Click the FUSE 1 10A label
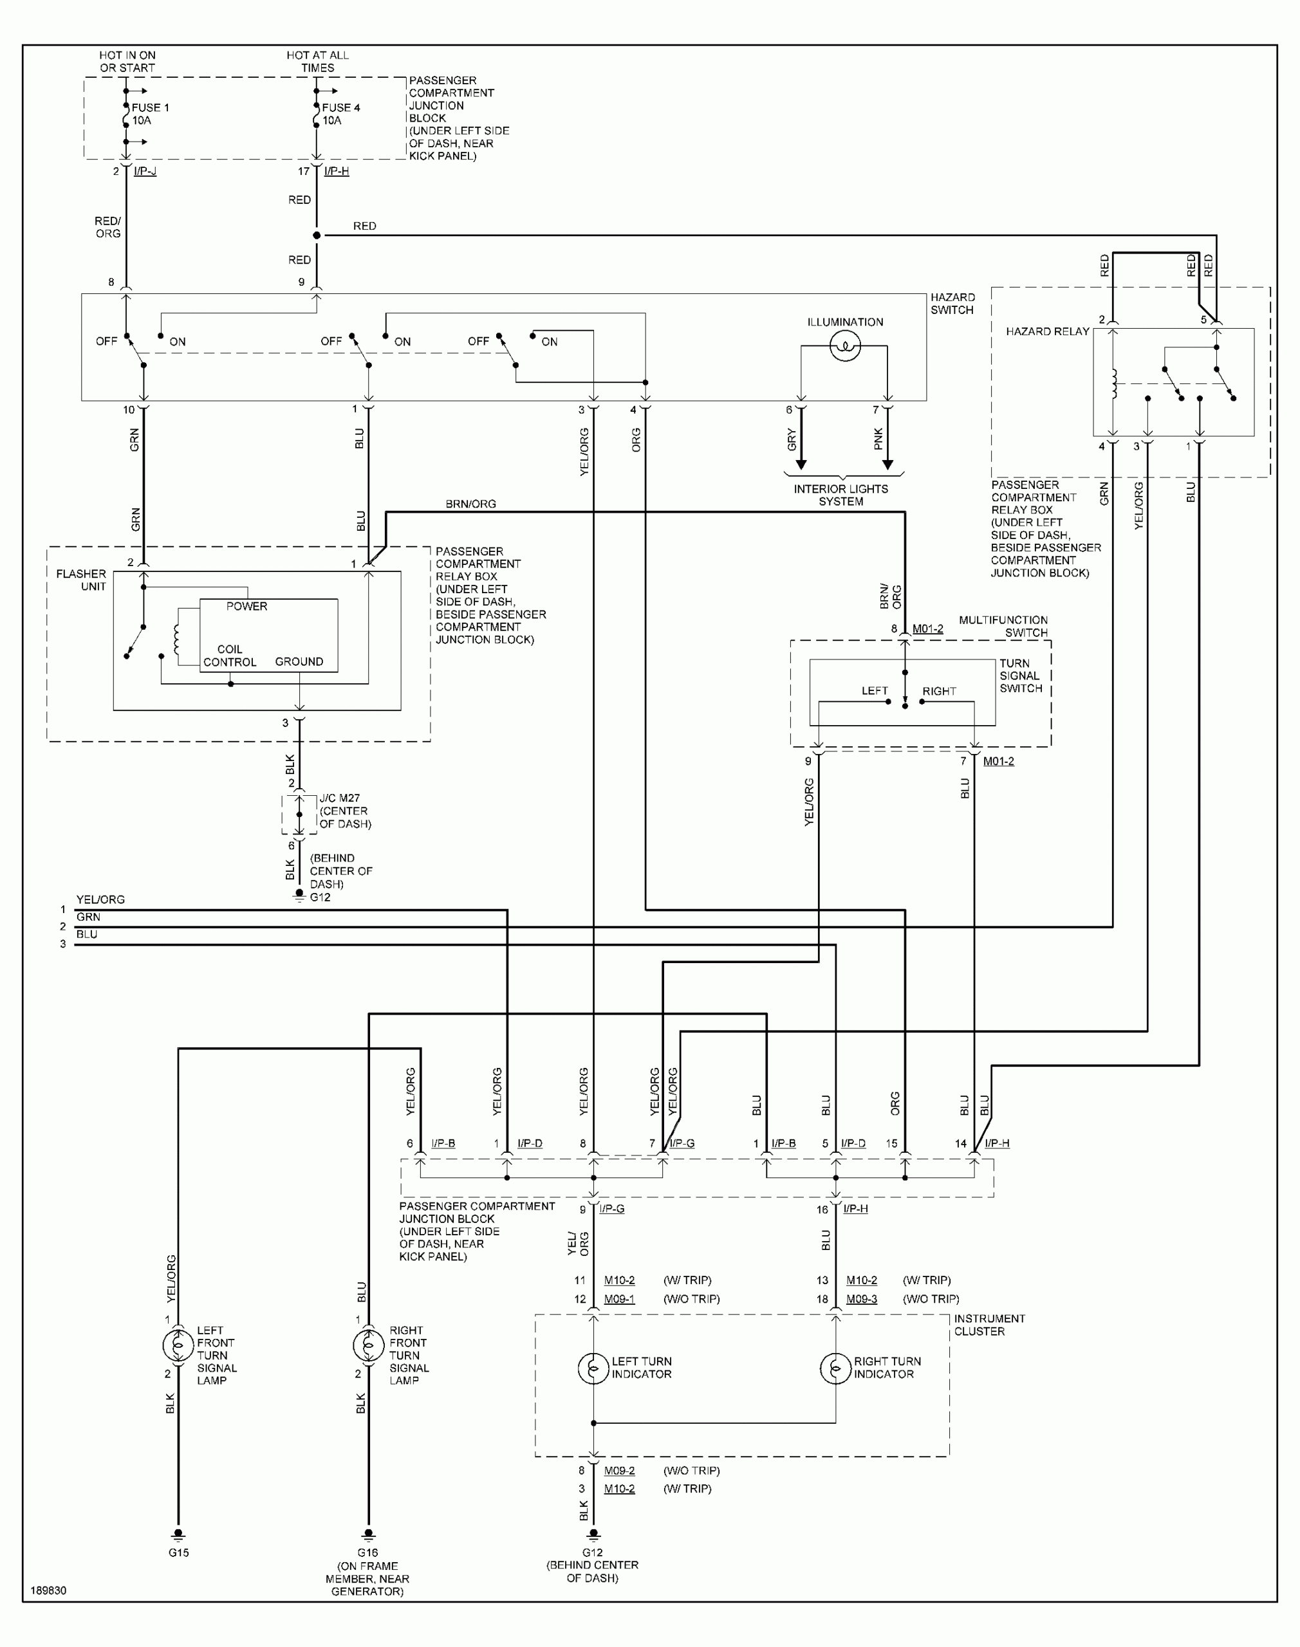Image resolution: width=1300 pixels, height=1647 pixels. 150,114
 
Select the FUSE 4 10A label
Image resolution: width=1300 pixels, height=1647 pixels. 340,114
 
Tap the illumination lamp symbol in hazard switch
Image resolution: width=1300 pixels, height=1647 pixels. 845,347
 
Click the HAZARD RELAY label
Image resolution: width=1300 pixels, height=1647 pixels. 1047,332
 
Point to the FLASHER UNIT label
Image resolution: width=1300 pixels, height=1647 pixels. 82,580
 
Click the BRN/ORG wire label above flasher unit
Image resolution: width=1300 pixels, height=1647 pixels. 470,504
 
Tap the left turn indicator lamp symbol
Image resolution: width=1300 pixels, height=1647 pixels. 593,1368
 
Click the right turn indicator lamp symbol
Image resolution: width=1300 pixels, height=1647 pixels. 835,1368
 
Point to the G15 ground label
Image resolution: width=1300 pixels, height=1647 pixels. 179,1552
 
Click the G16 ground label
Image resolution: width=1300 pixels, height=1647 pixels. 367,1552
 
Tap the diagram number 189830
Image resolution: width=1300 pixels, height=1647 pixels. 49,1590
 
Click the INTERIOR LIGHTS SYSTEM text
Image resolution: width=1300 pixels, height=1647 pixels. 841,495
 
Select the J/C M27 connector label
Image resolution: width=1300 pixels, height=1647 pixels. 339,798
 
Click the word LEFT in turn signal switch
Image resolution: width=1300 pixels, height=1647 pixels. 875,691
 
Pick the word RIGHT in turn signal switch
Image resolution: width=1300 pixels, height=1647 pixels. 939,691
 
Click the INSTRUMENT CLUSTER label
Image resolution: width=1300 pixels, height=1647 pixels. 989,1325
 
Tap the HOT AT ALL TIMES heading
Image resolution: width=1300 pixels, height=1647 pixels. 317,62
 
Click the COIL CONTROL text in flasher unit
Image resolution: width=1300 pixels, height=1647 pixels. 229,656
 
